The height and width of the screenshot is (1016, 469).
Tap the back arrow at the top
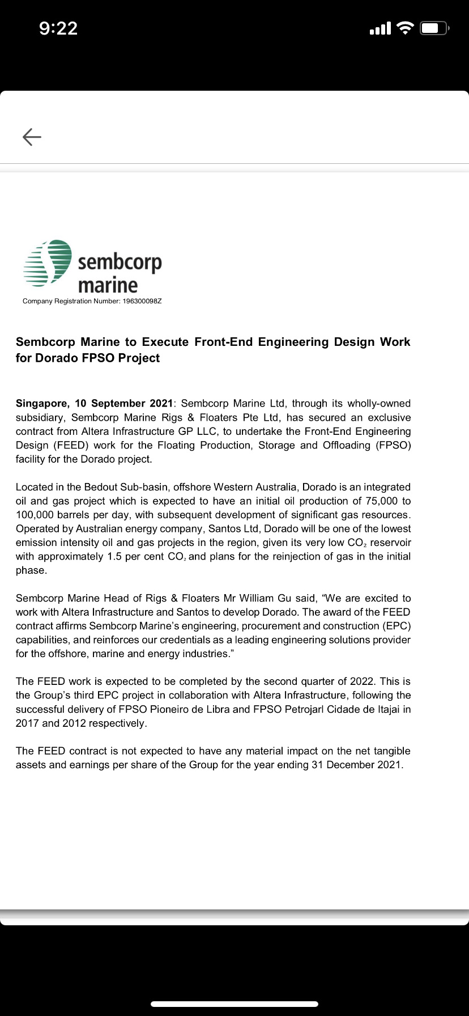click(32, 137)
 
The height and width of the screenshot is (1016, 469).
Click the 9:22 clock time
click(58, 28)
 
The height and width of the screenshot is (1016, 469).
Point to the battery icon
click(434, 28)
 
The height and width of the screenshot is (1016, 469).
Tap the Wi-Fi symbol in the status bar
click(406, 28)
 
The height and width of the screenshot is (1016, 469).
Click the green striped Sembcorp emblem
click(48, 263)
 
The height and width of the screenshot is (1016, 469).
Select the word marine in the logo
click(108, 285)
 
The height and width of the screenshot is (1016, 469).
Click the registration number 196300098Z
click(142, 301)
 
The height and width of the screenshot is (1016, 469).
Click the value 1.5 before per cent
click(114, 557)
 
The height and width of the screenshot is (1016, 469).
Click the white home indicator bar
click(234, 1004)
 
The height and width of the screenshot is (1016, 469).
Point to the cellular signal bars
click(380, 28)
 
